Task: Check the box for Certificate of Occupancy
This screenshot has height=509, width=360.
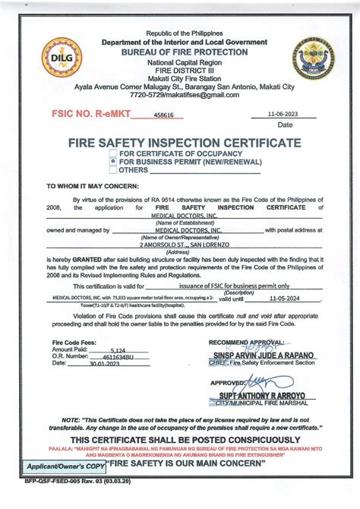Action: [113, 154]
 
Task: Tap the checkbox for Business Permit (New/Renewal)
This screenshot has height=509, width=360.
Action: [113, 162]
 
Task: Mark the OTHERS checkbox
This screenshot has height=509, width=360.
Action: [113, 170]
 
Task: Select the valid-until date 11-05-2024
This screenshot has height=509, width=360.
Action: [286, 299]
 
